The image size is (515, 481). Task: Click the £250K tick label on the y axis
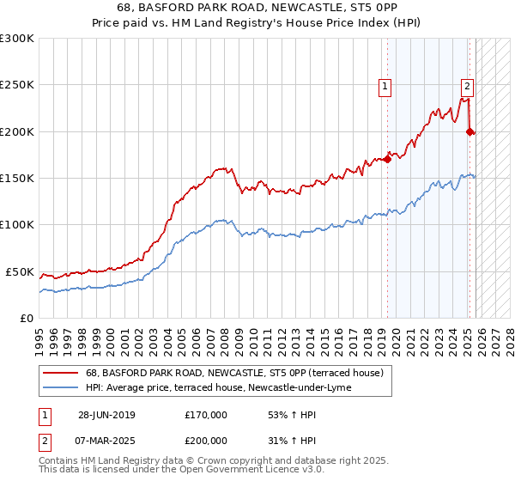click(16, 85)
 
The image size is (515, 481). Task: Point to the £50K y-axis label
click(19, 271)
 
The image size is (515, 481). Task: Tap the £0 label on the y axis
click(26, 318)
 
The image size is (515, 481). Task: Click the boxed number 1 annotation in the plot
click(385, 85)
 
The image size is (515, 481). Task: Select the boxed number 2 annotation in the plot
click(467, 85)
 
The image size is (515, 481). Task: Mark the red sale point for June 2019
click(388, 159)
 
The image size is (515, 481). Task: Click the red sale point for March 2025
click(470, 131)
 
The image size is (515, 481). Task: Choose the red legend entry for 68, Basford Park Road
click(227, 373)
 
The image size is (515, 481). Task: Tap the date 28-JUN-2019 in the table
click(106, 415)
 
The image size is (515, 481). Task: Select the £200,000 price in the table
click(206, 440)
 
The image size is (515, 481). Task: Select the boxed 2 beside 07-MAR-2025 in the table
click(44, 440)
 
